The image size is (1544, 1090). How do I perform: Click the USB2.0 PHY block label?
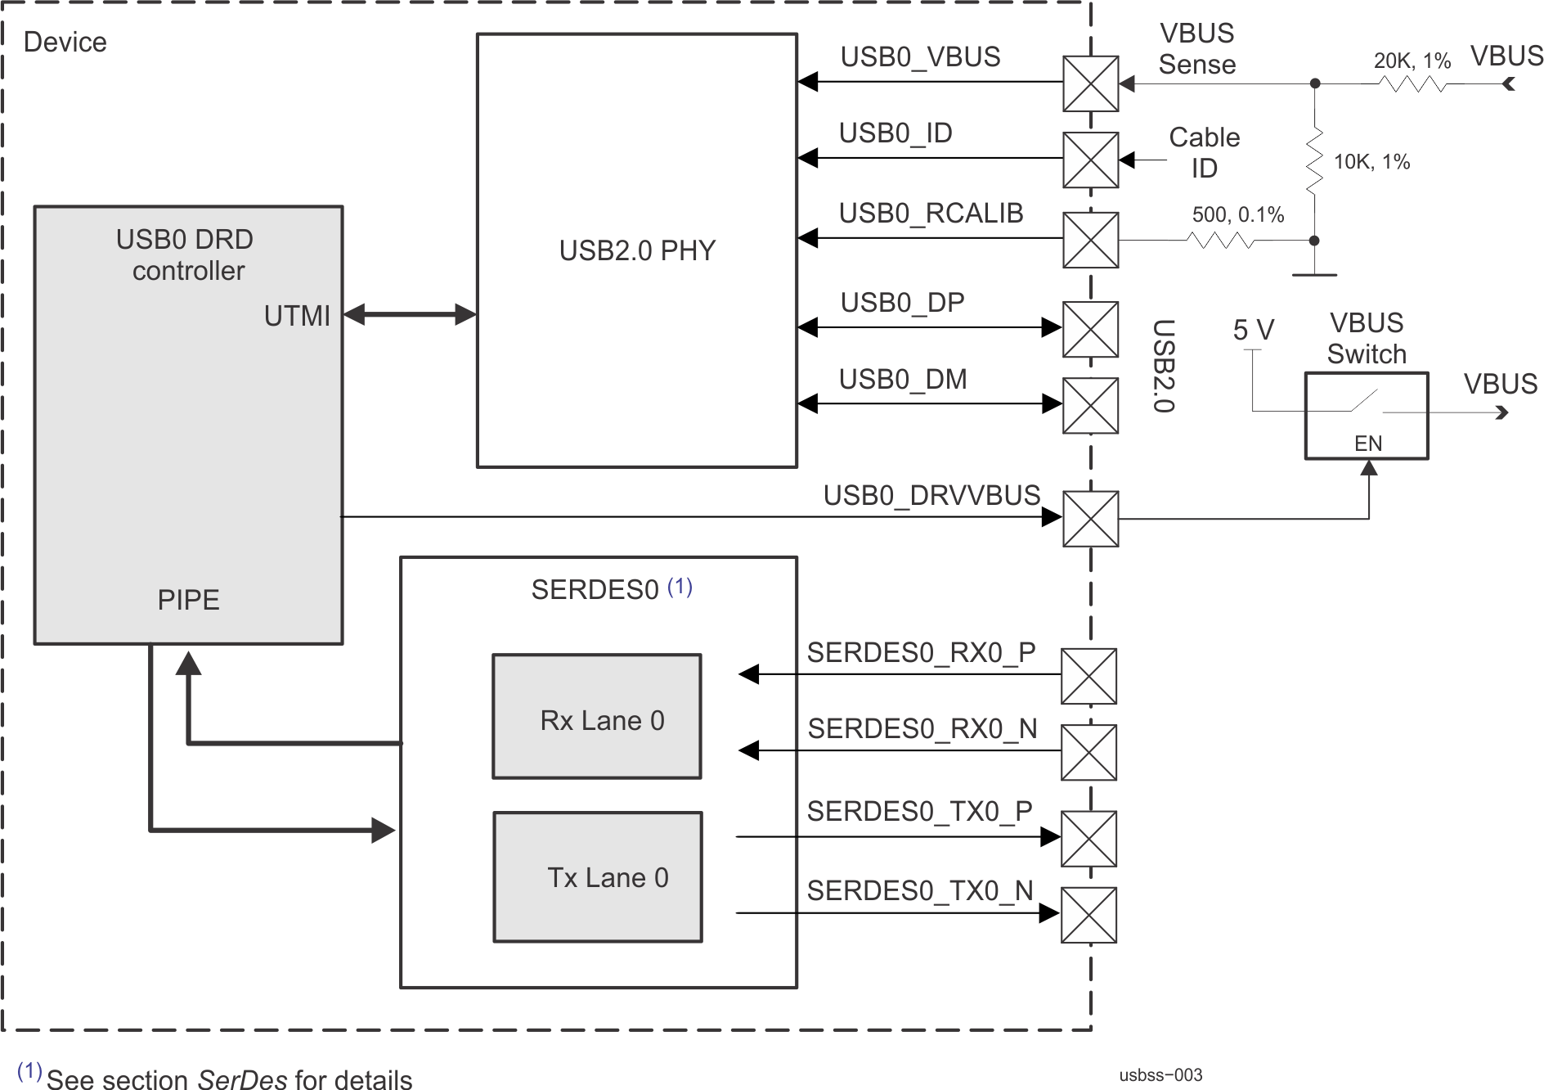pos(637,250)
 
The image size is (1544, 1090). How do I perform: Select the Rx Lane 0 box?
pos(597,716)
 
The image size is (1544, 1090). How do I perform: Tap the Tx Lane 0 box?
pos(598,877)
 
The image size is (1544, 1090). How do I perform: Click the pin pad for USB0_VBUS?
pos(1090,83)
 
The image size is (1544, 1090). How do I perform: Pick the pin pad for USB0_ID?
pos(1090,160)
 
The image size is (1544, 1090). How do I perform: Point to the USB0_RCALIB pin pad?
pos(1090,240)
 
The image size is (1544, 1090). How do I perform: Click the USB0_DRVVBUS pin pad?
pos(1090,519)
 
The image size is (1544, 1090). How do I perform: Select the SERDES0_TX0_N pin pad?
pos(1088,915)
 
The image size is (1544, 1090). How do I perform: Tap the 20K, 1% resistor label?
pos(1412,61)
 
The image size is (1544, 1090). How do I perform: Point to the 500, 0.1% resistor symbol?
pos(1219,241)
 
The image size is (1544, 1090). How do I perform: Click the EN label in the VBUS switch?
pos(1368,444)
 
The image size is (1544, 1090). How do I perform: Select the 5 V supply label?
pos(1253,330)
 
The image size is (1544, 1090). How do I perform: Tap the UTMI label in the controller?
pos(297,316)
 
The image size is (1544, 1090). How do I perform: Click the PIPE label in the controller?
pos(188,600)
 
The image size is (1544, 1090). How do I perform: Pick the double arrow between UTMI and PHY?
pos(409,314)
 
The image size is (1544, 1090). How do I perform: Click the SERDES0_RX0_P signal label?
pos(921,652)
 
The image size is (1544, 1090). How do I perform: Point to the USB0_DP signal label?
pos(903,303)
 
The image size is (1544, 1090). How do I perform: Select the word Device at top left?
pos(65,43)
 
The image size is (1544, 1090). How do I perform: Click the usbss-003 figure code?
pos(1161,1075)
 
